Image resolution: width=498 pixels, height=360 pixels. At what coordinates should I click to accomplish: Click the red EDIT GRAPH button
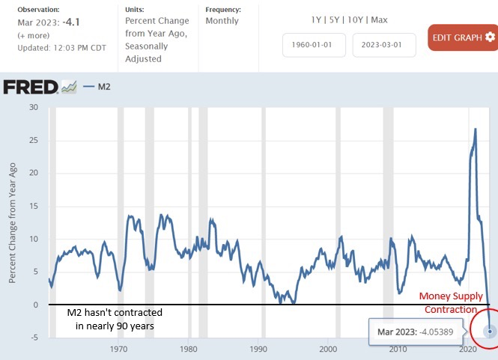click(x=461, y=37)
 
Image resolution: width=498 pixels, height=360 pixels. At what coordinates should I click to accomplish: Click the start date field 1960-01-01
click(x=314, y=45)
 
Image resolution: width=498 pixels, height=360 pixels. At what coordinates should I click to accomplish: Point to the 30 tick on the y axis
click(x=34, y=107)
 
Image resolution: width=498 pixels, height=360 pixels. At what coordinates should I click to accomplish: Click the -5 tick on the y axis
click(x=34, y=338)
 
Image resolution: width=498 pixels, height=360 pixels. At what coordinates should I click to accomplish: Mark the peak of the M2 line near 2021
click(x=476, y=129)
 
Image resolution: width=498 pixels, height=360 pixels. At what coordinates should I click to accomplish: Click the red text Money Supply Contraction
click(x=451, y=302)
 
